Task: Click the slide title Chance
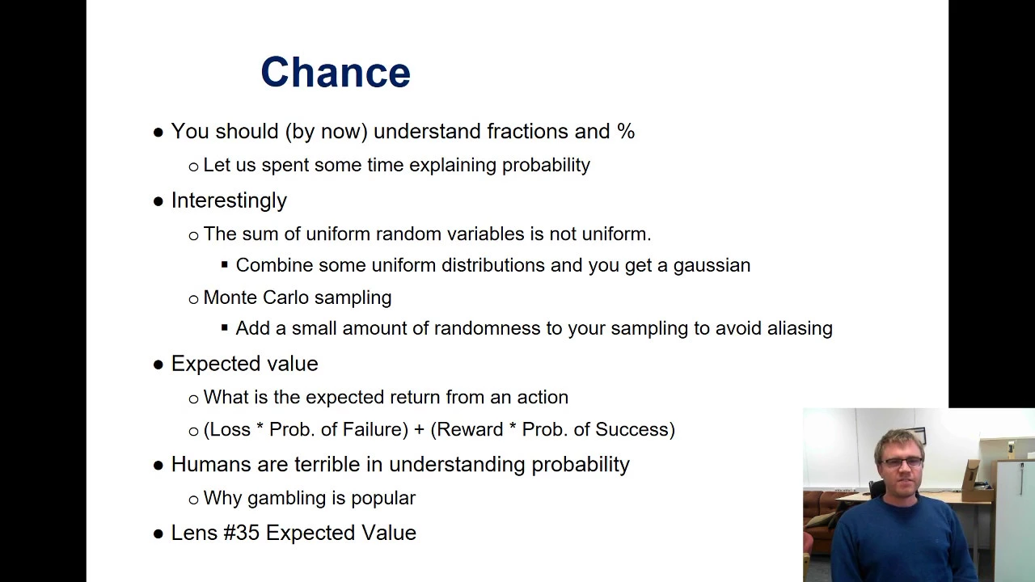coord(336,72)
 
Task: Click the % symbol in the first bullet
coord(626,131)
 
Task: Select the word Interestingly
coord(229,201)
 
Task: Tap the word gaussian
coord(712,266)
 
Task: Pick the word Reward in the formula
coord(471,429)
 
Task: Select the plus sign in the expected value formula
coord(419,430)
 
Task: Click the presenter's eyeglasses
coord(902,462)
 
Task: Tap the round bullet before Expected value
coord(158,365)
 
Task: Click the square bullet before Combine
coord(225,265)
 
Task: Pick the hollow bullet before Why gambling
coord(193,500)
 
